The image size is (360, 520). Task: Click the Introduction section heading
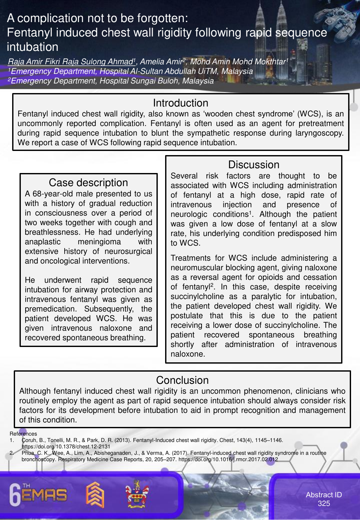click(180, 103)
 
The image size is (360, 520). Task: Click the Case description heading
click(88, 183)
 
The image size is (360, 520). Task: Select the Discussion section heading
click(253, 165)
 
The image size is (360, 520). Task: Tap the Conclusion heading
click(182, 380)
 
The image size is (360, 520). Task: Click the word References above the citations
click(23, 434)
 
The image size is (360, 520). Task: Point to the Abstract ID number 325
click(324, 504)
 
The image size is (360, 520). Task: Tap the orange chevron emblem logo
click(95, 494)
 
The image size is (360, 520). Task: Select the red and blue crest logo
click(137, 494)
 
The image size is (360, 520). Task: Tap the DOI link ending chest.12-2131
click(66, 447)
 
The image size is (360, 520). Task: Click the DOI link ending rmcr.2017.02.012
click(228, 460)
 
